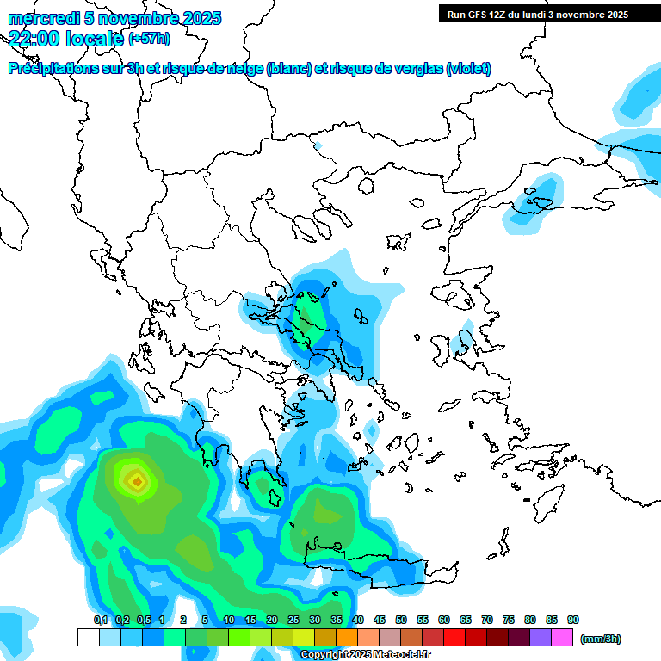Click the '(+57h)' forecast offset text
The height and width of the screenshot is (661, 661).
tap(149, 39)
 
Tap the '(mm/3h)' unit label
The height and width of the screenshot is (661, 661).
tap(601, 639)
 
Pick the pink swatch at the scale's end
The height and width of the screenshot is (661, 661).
tap(562, 637)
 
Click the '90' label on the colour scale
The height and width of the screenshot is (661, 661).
tap(573, 620)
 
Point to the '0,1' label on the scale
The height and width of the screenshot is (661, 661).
tap(100, 620)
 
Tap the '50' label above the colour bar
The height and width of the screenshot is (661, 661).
tap(401, 620)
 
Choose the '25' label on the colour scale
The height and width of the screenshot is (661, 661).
tap(293, 620)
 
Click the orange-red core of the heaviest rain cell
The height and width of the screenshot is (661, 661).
tap(136, 480)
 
